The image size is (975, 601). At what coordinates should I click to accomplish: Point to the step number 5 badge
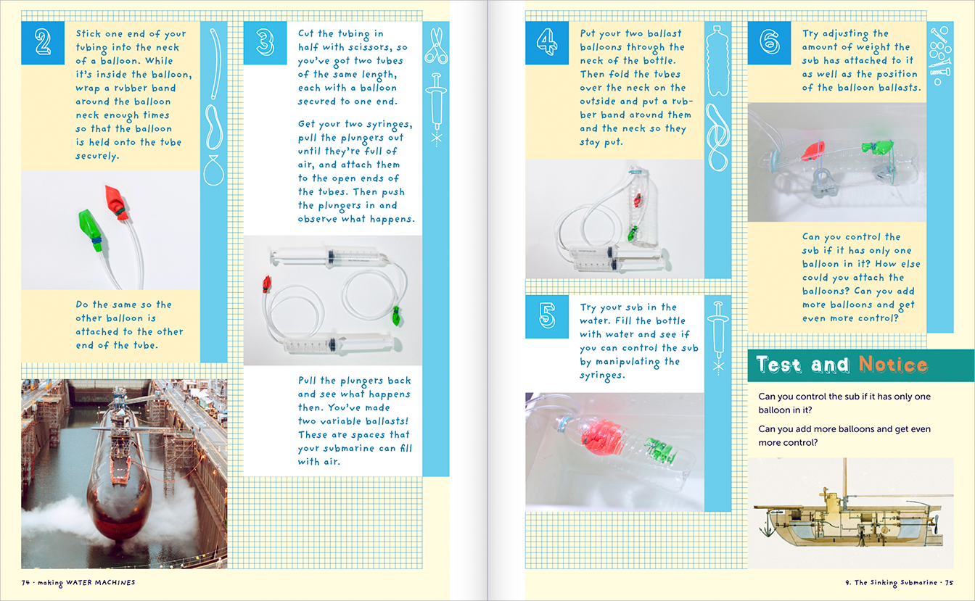[x=547, y=317]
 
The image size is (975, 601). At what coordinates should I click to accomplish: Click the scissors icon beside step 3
[x=435, y=46]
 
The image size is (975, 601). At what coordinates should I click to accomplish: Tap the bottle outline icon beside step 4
[x=717, y=62]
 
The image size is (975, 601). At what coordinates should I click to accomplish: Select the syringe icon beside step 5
[x=718, y=336]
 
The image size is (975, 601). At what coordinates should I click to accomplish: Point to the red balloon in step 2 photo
[x=116, y=199]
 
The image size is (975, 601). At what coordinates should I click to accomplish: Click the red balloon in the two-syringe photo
[x=266, y=283]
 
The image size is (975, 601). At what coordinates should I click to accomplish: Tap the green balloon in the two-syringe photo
[x=396, y=315]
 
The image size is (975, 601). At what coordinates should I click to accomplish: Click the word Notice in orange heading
[x=892, y=365]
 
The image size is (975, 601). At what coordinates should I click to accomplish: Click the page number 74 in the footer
[x=25, y=583]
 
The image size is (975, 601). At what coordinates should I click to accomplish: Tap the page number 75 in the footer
[x=947, y=583]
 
